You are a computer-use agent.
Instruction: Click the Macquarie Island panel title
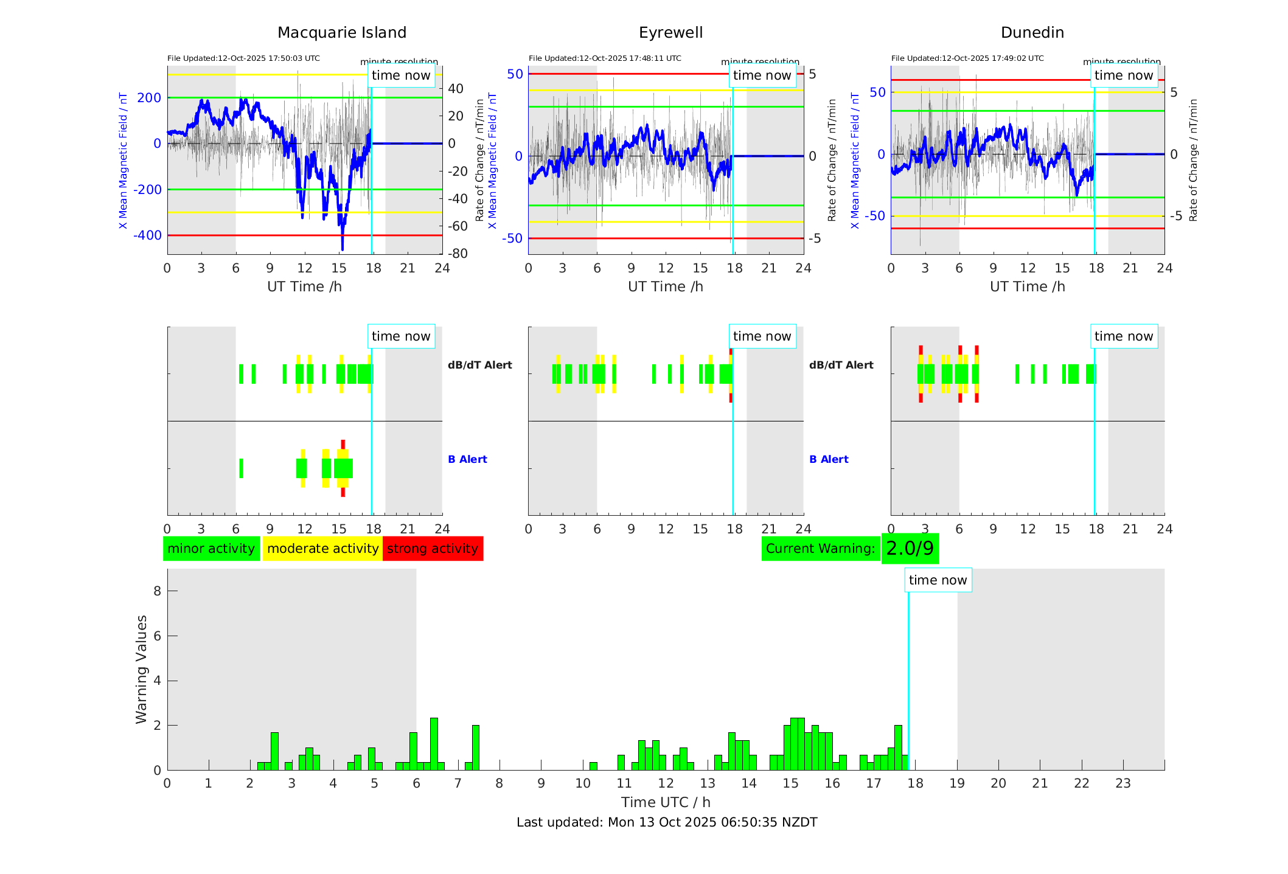tap(341, 33)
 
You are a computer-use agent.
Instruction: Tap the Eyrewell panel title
tap(670, 33)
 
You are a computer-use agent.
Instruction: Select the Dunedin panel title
tap(1032, 33)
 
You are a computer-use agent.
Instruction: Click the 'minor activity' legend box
tap(211, 549)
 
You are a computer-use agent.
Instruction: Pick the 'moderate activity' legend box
tap(322, 549)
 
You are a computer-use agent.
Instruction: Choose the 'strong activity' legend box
tap(433, 549)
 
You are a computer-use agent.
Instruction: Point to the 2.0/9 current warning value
tap(910, 549)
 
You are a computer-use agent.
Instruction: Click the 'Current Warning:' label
tap(820, 549)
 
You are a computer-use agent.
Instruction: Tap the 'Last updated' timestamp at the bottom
tap(667, 822)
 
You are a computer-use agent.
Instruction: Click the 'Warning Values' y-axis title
tap(142, 669)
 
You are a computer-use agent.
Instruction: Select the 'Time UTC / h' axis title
tap(666, 802)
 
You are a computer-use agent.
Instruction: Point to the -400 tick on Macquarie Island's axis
tap(148, 235)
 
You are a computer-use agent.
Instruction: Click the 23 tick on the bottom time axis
tap(1123, 783)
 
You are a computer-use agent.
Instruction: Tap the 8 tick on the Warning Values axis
tap(157, 591)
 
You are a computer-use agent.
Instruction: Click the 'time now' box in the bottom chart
tap(938, 580)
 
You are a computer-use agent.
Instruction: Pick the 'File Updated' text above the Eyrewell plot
tap(605, 58)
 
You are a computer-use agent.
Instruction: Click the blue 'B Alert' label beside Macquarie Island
tap(467, 459)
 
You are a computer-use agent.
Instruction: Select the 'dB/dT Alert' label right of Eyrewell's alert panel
tap(841, 365)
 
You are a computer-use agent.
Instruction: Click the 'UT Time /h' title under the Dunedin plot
tap(1027, 286)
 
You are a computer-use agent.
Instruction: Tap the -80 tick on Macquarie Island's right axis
tap(458, 254)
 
